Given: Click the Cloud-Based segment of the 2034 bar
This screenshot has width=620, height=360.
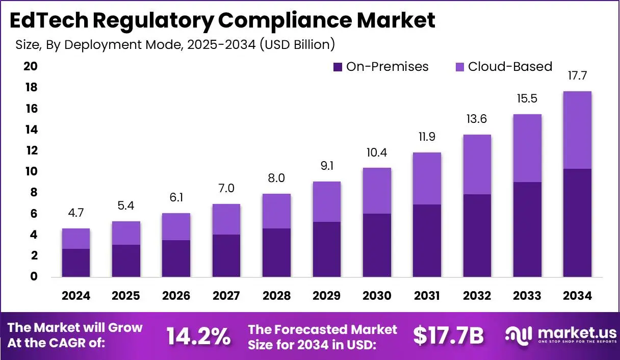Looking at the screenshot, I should pos(577,130).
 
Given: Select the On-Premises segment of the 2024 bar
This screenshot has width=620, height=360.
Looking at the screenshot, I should pos(76,263).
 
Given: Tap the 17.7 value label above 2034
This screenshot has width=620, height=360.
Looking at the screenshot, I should pos(577,76).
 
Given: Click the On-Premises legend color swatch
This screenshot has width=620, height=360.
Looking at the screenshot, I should pos(338,67).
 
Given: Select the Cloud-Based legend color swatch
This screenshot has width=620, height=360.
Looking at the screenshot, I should pos(459,67).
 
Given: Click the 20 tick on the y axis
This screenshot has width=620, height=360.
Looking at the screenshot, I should pos(30,67).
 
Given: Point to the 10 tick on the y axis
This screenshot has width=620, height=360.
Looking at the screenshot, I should pos(30,171).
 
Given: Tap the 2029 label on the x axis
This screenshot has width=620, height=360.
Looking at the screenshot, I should pos(327,296).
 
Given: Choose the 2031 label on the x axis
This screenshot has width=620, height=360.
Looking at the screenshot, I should pos(427,296).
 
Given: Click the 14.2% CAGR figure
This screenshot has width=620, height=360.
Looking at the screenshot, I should pos(198,336).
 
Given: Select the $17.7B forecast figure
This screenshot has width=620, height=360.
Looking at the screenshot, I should pos(448,336).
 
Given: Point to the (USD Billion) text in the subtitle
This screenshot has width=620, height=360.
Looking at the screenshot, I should pos(297,44).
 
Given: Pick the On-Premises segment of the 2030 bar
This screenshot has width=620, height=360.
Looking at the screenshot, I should pos(377,245).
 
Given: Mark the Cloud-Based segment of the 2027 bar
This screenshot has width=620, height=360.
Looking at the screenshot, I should pos(226,219).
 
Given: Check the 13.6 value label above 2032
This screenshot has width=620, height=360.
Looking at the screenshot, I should pos(477,119).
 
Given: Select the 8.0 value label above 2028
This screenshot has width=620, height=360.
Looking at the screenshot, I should pos(276,178).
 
